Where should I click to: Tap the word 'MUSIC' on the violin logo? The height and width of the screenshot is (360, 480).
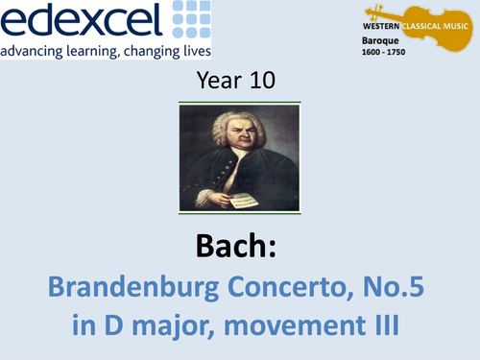pyautogui.click(x=457, y=18)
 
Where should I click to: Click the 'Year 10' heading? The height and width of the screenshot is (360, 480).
pyautogui.click(x=240, y=82)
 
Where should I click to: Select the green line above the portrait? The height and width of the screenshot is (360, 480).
pyautogui.click(x=240, y=101)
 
